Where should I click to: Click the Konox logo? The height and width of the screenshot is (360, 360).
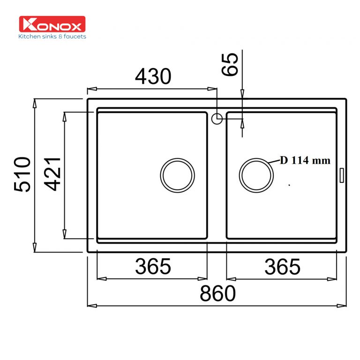point(52,24)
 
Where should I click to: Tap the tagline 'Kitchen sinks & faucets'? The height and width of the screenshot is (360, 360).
point(52,37)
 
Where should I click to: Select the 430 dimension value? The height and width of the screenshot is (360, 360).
point(153,76)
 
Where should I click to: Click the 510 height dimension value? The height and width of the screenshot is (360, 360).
point(22,174)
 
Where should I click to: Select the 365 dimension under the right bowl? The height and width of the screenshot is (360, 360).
point(282,267)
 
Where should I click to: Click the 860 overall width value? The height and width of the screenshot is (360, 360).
point(217,294)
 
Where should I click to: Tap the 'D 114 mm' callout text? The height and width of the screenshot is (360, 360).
point(306,161)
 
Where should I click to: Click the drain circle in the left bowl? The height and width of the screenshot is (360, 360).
point(177,175)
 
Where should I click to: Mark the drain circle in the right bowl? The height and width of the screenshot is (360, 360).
point(256,175)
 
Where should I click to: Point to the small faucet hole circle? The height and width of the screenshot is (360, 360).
point(217,119)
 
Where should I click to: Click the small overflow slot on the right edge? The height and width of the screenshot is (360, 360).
point(342,175)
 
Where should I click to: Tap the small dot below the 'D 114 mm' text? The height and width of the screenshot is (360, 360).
point(290,185)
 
